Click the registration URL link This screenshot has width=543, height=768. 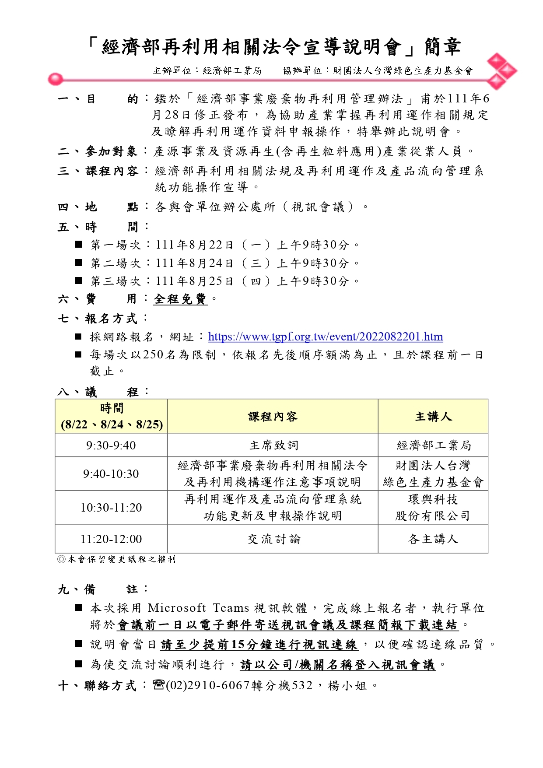click(x=325, y=337)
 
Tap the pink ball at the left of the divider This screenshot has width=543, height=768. click(x=55, y=80)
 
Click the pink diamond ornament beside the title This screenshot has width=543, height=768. click(x=501, y=71)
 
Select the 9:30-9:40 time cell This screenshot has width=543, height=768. click(x=111, y=445)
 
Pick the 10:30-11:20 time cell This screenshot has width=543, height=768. click(x=111, y=508)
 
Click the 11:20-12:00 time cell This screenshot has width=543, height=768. click(x=111, y=539)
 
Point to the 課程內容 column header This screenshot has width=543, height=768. click(x=273, y=417)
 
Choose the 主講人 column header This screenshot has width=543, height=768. click(x=433, y=417)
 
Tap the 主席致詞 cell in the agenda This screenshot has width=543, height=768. click(x=273, y=445)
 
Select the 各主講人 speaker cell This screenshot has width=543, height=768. click(x=433, y=539)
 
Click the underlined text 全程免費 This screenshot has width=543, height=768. click(x=180, y=299)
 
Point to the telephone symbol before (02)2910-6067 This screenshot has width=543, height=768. click(x=158, y=685)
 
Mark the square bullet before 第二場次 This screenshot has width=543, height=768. click(x=79, y=263)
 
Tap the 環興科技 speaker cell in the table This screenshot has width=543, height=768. click(x=433, y=499)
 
